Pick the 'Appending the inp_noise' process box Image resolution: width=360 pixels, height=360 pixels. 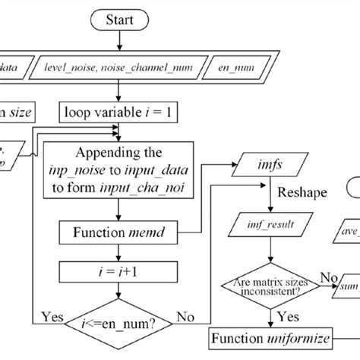118,172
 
